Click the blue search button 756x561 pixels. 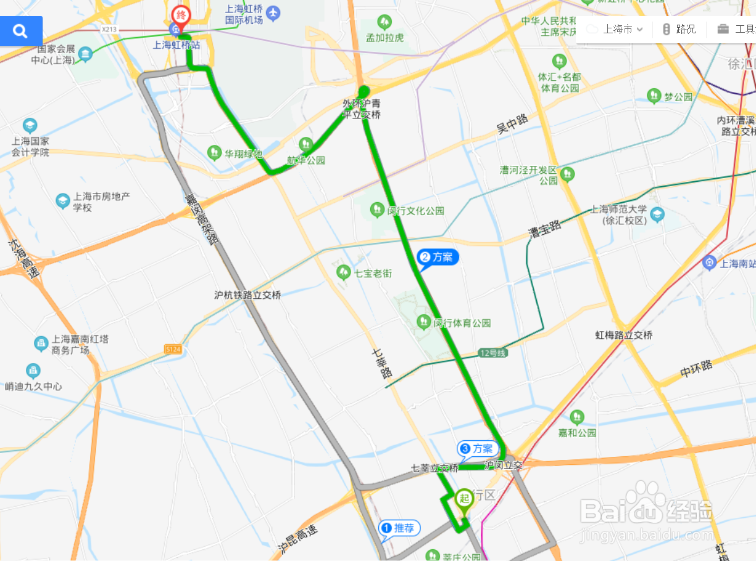[21, 31]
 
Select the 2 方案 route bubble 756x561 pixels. [439, 258]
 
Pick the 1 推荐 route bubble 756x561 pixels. [400, 528]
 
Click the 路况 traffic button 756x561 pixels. [679, 29]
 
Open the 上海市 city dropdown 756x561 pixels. [615, 29]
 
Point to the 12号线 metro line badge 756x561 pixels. [492, 353]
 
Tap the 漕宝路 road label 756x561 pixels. [544, 229]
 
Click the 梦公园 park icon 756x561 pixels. [654, 96]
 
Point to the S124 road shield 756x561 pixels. [174, 350]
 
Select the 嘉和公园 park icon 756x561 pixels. [577, 417]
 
